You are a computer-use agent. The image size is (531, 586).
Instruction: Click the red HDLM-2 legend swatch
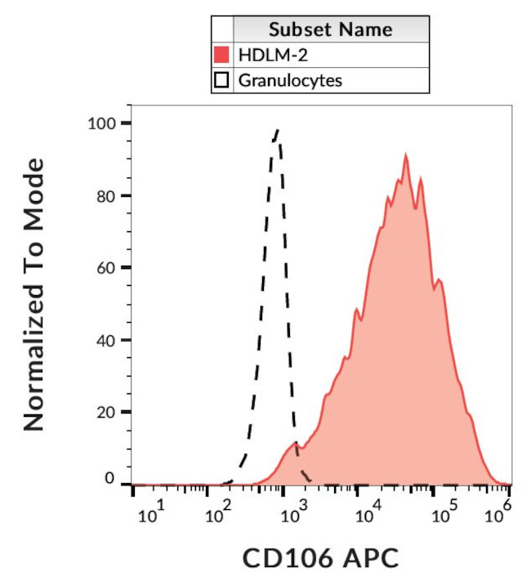tap(221, 56)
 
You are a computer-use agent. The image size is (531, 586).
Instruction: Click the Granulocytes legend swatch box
tap(221, 80)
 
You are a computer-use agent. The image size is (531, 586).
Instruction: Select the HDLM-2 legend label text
tap(265, 56)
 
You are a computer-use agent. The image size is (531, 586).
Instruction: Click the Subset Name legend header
tap(330, 30)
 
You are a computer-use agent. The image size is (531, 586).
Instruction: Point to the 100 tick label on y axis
tap(102, 123)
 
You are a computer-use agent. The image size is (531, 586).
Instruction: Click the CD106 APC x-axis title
tap(321, 560)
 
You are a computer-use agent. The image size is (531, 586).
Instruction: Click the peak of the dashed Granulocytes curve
tap(277, 129)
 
